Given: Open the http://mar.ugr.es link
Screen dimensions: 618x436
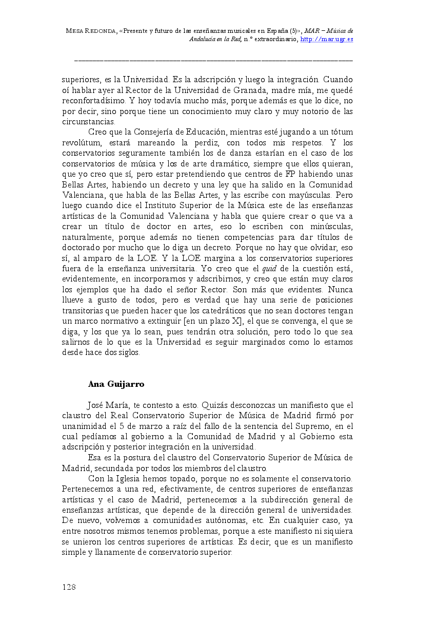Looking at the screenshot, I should (x=327, y=39).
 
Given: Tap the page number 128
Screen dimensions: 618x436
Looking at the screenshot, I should (x=69, y=587).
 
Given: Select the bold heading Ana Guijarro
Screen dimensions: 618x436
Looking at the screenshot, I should (x=116, y=384).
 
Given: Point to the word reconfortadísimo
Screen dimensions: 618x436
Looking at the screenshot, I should (x=95, y=101).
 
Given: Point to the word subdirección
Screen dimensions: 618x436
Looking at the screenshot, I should (x=276, y=500).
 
